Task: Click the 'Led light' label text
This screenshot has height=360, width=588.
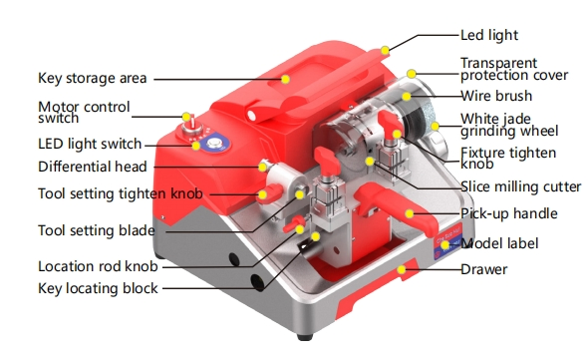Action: point(488,35)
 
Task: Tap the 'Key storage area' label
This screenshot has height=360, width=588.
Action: point(92,78)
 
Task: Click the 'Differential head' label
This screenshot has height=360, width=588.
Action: point(92,167)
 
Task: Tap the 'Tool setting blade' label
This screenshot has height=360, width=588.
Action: point(96,230)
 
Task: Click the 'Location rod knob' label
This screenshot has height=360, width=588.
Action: point(98,266)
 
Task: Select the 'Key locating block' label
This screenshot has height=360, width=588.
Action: point(97,288)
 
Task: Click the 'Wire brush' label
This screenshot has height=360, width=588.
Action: point(496,97)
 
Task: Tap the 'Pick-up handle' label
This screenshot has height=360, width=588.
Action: point(508,213)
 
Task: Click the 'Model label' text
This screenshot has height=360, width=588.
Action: point(500,243)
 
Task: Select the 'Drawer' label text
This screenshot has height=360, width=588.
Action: point(483,269)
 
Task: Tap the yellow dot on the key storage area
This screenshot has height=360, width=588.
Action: point(285,77)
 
